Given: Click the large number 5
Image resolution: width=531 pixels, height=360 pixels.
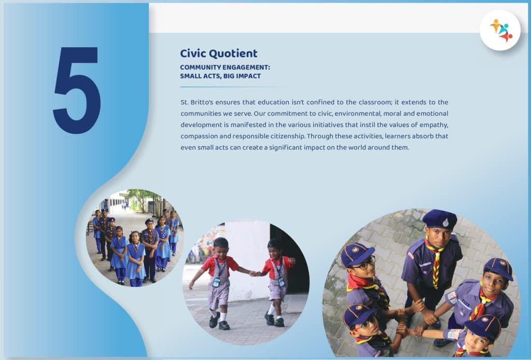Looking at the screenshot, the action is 77,90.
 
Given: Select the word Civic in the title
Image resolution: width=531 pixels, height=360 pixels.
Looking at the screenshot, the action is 193,53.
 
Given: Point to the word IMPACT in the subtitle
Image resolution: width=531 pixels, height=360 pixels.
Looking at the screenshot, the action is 248,76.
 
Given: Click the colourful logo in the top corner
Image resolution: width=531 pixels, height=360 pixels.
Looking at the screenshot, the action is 500,31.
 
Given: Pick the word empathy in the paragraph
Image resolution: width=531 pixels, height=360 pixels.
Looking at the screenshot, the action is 434,125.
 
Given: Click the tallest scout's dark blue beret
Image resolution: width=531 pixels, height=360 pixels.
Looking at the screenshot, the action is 440,219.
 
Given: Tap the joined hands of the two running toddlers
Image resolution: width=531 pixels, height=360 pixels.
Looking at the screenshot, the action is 254,273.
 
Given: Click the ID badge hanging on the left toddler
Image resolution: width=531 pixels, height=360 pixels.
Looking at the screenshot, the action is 216,282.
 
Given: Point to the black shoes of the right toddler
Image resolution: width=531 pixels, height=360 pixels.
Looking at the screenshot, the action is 274,320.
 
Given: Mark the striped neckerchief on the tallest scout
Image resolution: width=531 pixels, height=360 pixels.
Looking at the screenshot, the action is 435,260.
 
